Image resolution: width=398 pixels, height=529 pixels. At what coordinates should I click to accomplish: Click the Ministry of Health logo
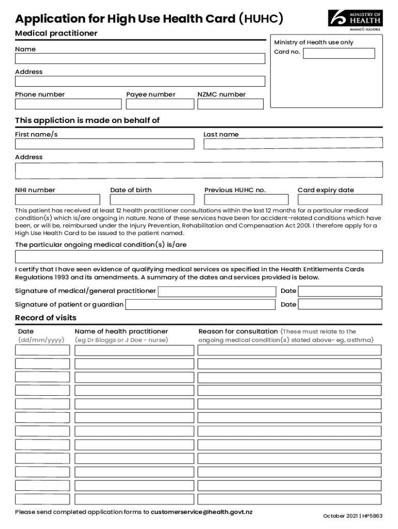pos(355,20)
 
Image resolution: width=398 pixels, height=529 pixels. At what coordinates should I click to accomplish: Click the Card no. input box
pos(339,53)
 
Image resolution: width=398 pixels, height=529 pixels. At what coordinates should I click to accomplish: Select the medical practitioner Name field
pos(140,58)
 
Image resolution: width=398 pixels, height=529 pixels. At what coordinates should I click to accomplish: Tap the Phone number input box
pos(68,104)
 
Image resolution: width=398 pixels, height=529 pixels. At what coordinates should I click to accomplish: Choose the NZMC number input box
pos(230,104)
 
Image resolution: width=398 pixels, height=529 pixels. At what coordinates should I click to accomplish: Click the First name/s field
pos(104,144)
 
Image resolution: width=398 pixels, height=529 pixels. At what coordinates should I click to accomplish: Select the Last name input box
pos(293,143)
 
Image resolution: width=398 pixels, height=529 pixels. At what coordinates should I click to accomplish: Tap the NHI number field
pos(57,199)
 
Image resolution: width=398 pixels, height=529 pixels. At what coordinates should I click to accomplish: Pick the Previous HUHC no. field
pos(246,199)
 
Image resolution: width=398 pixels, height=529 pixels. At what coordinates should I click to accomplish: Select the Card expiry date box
pos(340,199)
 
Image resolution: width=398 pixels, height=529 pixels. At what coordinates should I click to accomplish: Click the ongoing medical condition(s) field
pos(198,257)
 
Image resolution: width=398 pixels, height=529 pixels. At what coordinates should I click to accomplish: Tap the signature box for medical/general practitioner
pos(217,291)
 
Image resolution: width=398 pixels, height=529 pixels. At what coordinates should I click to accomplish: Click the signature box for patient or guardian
pos(200,304)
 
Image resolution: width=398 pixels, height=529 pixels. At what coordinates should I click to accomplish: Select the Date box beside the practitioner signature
pos(340,291)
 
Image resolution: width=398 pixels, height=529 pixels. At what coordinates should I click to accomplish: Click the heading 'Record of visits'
pos(45,318)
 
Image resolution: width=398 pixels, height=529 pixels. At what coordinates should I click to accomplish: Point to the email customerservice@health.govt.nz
pos(202,512)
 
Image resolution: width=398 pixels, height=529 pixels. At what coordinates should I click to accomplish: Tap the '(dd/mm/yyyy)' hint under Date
pos(41,340)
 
